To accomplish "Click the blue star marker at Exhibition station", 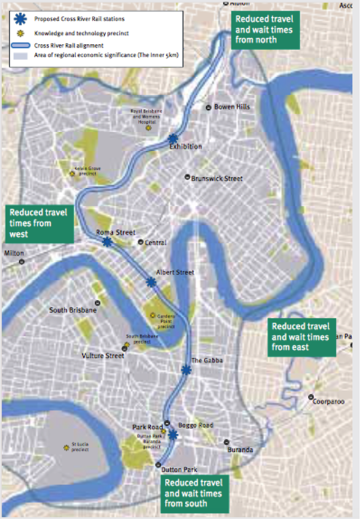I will pos(173,138).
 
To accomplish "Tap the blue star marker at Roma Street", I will pos(107,242).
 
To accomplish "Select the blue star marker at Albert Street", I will pos(151,282).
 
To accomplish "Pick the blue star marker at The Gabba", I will pos(186,370).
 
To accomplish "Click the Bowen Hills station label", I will pos(232,107).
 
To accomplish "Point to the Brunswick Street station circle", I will pos(187,177).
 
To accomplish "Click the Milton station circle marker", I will pos(21,262).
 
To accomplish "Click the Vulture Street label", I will pos(103,356).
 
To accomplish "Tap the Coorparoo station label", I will pos(328,402).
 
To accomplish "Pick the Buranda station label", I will pos(240,450).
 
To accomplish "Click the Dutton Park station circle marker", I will pos(158,465).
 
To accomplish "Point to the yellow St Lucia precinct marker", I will pos(66,447).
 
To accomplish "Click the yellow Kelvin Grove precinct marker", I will pos(72,174).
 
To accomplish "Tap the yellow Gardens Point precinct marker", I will pos(152,315).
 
